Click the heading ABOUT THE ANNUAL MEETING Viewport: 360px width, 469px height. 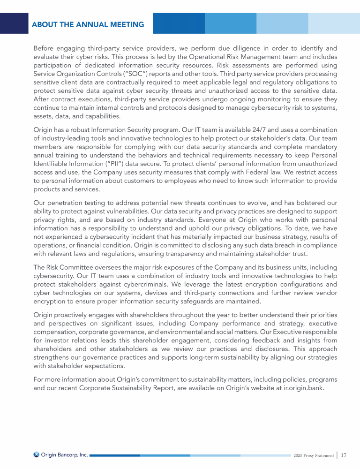click(88, 24)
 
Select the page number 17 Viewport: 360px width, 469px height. click(344, 455)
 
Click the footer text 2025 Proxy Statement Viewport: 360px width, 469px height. click(314, 455)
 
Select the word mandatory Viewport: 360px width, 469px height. click(316, 147)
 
